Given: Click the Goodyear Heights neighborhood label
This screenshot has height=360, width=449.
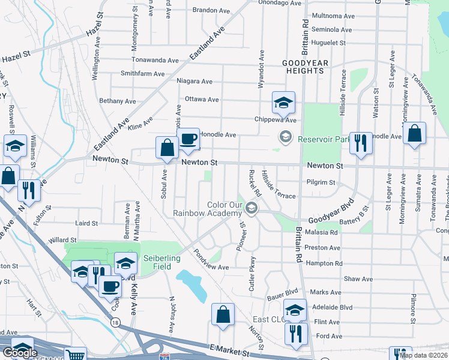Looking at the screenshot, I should [x=304, y=66].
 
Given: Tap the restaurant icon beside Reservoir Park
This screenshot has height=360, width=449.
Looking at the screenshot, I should [x=360, y=143].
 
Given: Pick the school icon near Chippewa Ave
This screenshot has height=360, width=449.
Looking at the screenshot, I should [x=283, y=103].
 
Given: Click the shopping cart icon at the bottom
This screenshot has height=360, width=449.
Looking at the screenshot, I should [x=75, y=355].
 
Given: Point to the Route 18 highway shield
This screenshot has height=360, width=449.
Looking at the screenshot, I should [x=115, y=322].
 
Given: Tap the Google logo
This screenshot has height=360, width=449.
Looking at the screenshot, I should [x=20, y=353].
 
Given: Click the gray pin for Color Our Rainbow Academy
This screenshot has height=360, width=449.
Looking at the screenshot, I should [x=252, y=209].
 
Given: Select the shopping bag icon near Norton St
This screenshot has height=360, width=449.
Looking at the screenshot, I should [x=223, y=314].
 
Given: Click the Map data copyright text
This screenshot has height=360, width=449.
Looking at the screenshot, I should [x=423, y=355].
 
